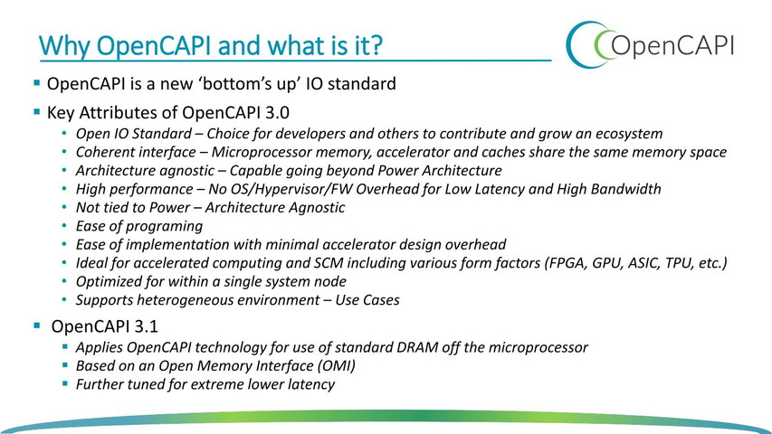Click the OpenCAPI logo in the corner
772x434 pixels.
pyautogui.click(x=650, y=44)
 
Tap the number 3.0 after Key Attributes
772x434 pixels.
pyautogui.click(x=277, y=113)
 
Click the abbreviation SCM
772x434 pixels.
pyautogui.click(x=329, y=263)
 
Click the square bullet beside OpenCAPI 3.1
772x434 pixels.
pyautogui.click(x=37, y=325)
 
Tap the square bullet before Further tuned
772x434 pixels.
pyautogui.click(x=65, y=383)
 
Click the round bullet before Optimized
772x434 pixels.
pyautogui.click(x=64, y=281)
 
